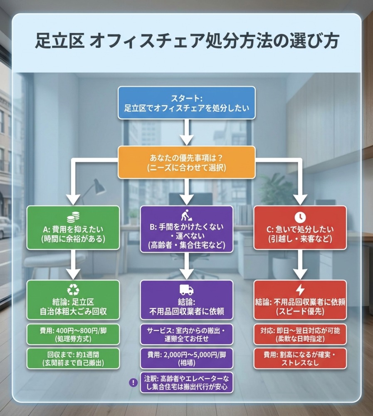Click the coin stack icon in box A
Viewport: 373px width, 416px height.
[73, 218]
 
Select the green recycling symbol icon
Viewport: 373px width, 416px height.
[73, 290]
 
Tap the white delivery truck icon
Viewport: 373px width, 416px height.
[186, 290]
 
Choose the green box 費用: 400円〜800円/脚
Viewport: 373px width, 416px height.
[73, 334]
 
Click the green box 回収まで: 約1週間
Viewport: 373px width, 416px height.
[73, 358]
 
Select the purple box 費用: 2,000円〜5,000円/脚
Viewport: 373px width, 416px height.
[186, 357]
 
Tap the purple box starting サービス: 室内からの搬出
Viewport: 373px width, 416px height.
[186, 334]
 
